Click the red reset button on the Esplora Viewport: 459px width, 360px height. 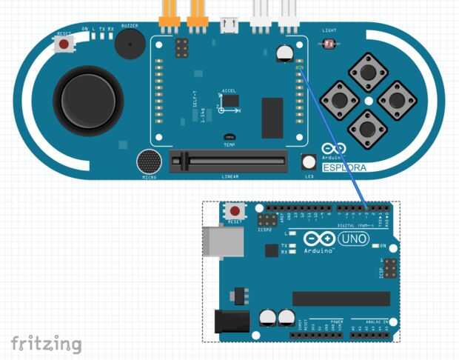64,44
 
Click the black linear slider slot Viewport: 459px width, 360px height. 228,159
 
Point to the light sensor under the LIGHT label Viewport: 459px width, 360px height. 329,44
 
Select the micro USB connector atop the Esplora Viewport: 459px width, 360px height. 229,26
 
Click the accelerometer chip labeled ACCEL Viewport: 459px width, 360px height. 231,100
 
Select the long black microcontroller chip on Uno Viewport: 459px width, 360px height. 341,299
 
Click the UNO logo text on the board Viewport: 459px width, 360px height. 353,239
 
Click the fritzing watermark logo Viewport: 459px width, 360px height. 46,343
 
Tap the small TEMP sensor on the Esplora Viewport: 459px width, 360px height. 229,138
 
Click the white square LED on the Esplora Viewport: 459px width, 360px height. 309,161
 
